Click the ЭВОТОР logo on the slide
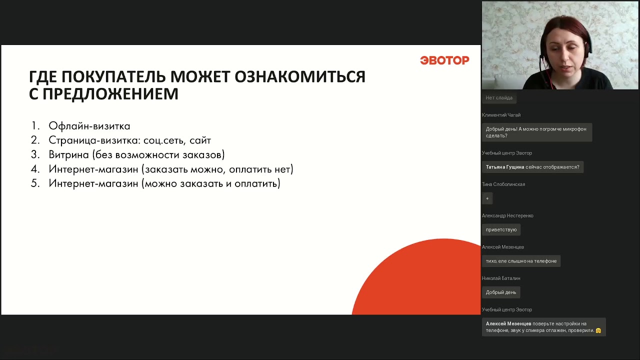[x=444, y=60]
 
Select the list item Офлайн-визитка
[x=89, y=126]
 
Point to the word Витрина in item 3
[x=68, y=154]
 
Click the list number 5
[x=35, y=183]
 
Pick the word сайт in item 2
[x=200, y=140]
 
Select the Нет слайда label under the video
[x=499, y=98]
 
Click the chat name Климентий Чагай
[x=501, y=115]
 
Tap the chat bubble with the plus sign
[x=487, y=198]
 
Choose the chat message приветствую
[x=501, y=230]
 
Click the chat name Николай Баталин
[x=501, y=278]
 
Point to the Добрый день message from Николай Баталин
[x=501, y=292]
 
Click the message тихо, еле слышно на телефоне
[x=521, y=261]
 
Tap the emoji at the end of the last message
[x=598, y=330]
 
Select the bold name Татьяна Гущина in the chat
[x=505, y=167]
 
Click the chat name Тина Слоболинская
[x=503, y=184]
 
